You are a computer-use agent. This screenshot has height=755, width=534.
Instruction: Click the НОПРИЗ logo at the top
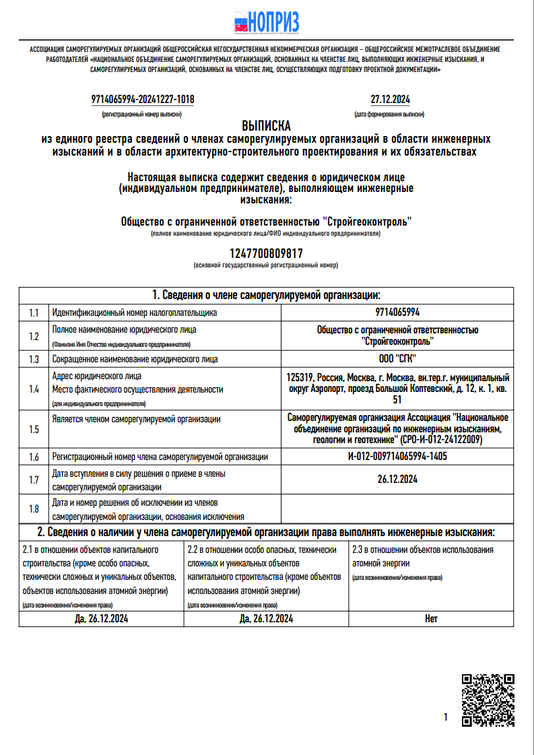[x=267, y=23]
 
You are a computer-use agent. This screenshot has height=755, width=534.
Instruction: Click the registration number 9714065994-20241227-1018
[x=143, y=100]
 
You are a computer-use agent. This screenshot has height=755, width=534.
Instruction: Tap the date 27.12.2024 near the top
[x=390, y=100]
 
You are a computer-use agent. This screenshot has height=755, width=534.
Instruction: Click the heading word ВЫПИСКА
[x=266, y=126]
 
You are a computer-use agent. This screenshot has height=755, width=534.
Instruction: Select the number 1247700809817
[x=266, y=253]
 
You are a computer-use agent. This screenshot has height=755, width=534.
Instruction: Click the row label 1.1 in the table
[x=34, y=313]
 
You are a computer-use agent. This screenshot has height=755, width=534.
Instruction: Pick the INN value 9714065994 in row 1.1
[x=397, y=313]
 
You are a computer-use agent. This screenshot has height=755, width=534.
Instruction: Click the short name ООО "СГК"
[x=397, y=359]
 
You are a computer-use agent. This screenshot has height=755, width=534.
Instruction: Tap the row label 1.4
[x=34, y=389]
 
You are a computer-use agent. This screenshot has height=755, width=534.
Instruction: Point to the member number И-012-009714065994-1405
[x=397, y=457]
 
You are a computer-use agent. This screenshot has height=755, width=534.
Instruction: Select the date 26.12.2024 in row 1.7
[x=397, y=480]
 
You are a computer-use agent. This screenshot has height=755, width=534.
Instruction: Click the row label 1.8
[x=34, y=508]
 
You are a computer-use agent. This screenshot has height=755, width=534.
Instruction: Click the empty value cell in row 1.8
[x=397, y=508]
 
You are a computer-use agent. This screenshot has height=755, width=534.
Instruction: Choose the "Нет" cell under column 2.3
[x=431, y=618]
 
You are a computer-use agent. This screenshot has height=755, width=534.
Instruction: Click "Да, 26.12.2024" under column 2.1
[x=102, y=618]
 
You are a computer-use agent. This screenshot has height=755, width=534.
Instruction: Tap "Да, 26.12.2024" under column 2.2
[x=266, y=618]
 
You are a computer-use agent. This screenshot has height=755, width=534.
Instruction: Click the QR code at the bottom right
[x=488, y=700]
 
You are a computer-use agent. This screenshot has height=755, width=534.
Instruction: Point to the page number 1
[x=446, y=718]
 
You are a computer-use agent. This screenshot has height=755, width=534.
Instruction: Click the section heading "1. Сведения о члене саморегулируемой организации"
[x=266, y=295]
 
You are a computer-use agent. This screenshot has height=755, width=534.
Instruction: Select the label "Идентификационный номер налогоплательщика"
[x=135, y=313]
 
